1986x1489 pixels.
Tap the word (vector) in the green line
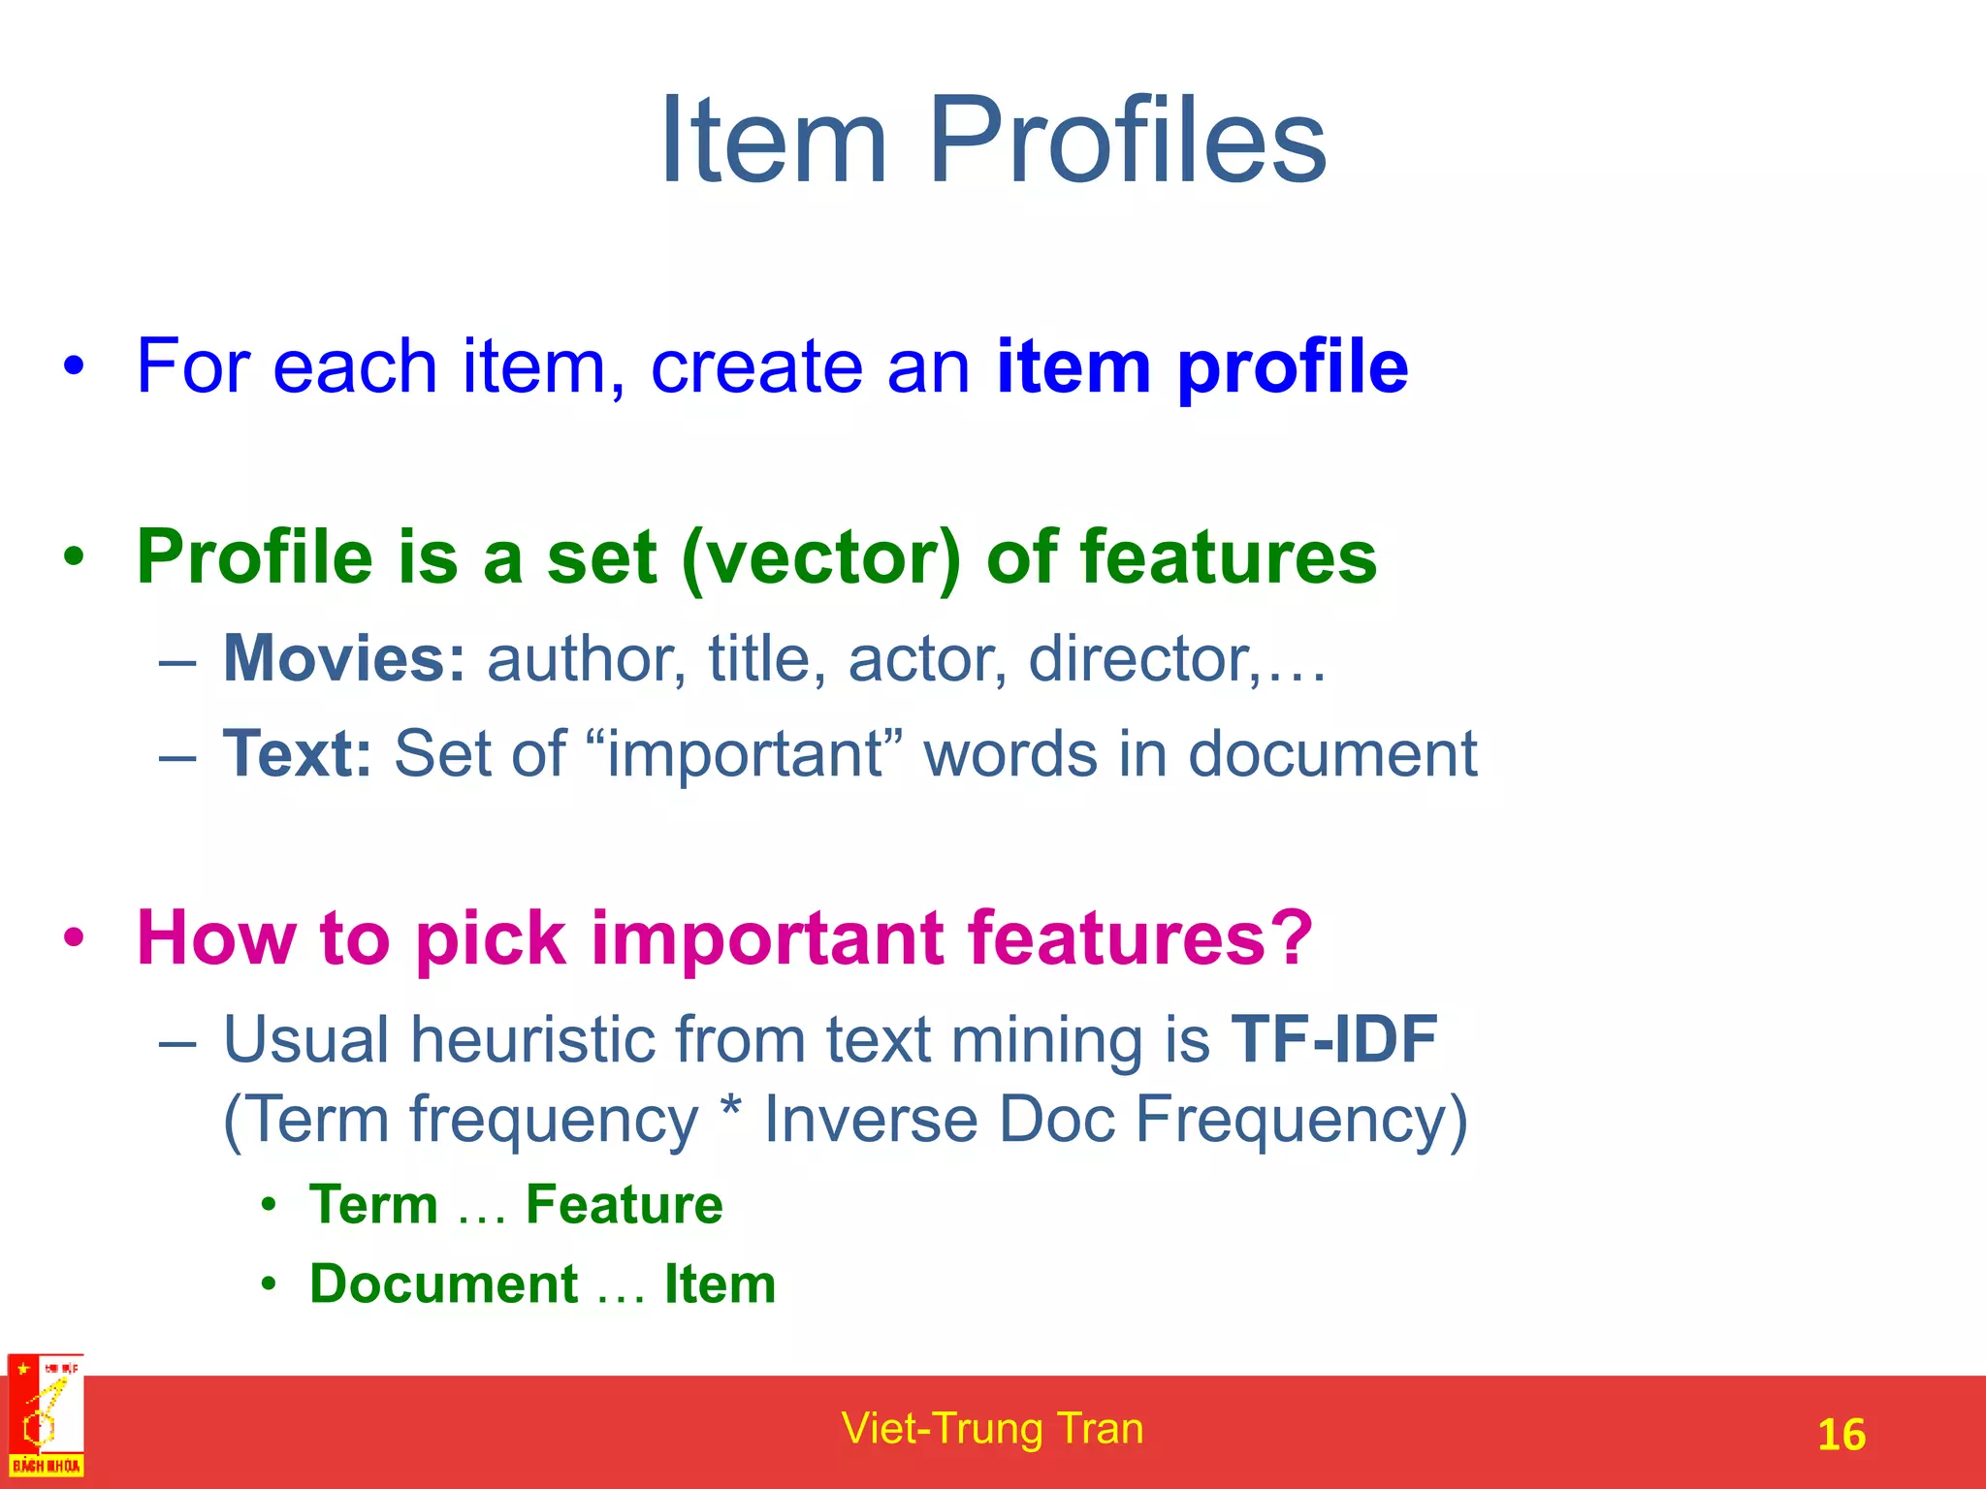[x=820, y=558]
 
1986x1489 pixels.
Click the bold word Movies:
[x=344, y=659]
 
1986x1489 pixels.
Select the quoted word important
[x=745, y=755]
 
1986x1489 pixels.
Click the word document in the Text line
[x=1332, y=753]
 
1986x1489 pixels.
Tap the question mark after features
[x=1294, y=937]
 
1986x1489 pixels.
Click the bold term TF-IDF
[x=1333, y=1039]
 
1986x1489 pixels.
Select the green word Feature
[x=624, y=1205]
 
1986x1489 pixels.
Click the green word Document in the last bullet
[x=444, y=1284]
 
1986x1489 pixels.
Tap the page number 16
[x=1841, y=1435]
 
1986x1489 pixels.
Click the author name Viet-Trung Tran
[x=992, y=1429]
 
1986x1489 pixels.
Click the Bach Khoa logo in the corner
[x=46, y=1416]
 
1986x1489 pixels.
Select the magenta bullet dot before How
[x=74, y=938]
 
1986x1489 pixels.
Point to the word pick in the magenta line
[x=491, y=939]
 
